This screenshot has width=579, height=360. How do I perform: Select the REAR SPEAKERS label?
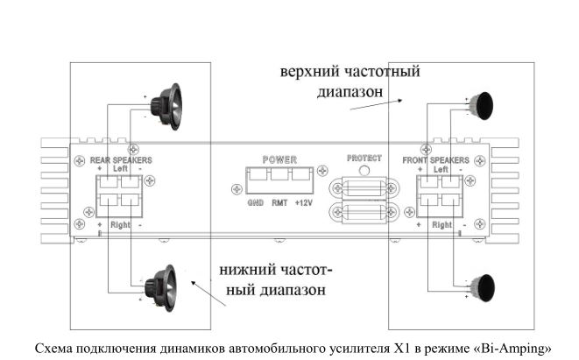pos(121,161)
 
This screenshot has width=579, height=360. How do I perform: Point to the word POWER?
pos(279,160)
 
